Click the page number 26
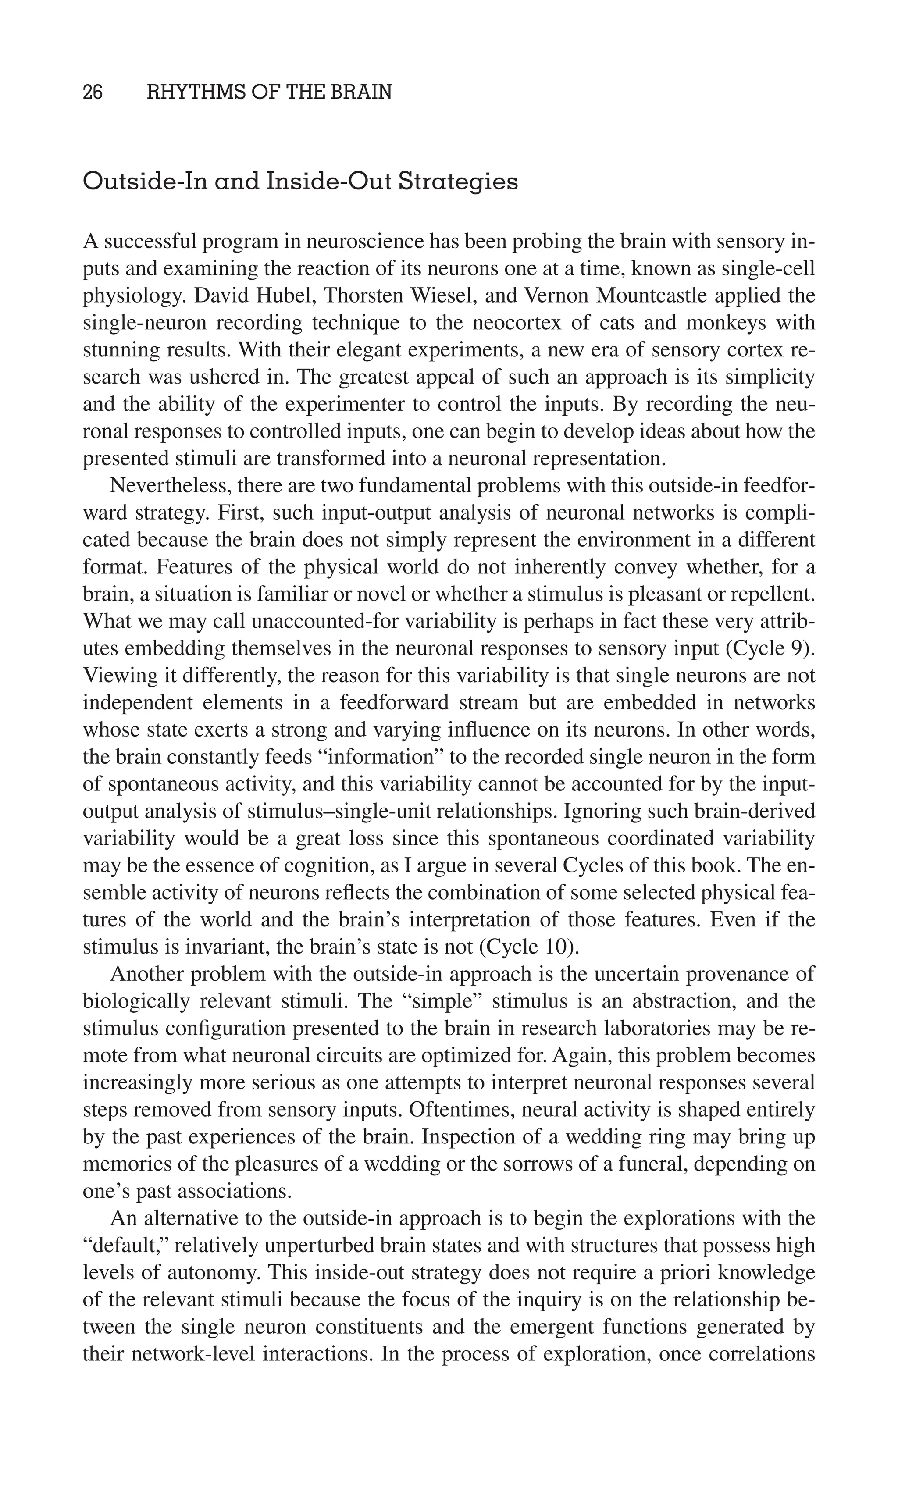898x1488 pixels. [x=93, y=93]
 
